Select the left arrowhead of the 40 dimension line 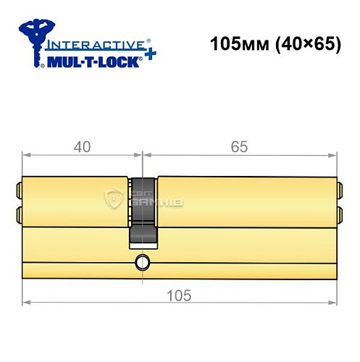pyautogui.click(x=26, y=156)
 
